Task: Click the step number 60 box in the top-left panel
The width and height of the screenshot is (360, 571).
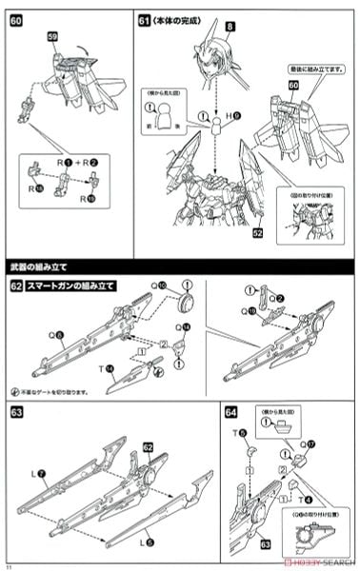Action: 16,18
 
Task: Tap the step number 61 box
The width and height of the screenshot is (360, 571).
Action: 145,18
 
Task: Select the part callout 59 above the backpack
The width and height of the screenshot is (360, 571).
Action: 54,37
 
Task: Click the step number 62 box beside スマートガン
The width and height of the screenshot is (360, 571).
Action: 16,285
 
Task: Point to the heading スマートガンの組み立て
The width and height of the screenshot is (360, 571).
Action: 68,285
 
